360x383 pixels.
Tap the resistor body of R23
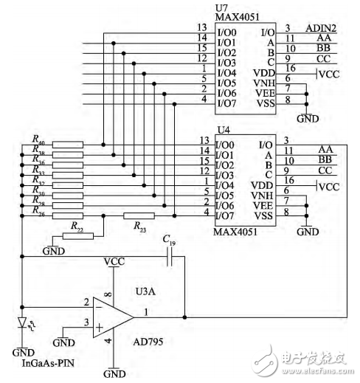click(x=139, y=215)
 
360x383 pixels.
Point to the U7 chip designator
click(x=221, y=6)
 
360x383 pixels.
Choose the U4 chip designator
click(x=221, y=130)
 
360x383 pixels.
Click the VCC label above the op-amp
click(x=114, y=262)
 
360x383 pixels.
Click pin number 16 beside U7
click(x=290, y=69)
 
